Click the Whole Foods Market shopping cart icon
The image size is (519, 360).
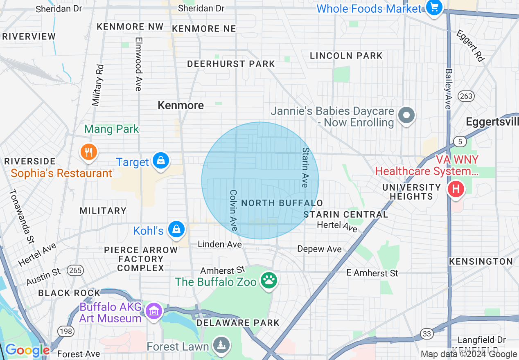tap(433, 8)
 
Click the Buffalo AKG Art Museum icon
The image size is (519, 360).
tap(154, 312)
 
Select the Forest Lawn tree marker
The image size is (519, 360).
tap(221, 346)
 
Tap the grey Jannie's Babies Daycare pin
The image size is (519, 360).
tap(406, 116)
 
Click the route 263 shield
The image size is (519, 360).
tap(466, 97)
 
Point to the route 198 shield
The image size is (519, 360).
tap(65, 332)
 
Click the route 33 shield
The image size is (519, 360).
tap(427, 334)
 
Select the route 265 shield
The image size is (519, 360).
tap(76, 270)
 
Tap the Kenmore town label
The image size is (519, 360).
tap(181, 105)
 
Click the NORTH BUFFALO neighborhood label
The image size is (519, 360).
tap(282, 203)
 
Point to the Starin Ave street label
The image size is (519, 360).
tap(305, 167)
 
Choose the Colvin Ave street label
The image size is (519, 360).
tap(233, 210)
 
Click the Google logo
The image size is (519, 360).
tap(27, 350)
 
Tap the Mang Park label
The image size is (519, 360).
tap(112, 129)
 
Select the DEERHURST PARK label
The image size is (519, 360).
tap(231, 64)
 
